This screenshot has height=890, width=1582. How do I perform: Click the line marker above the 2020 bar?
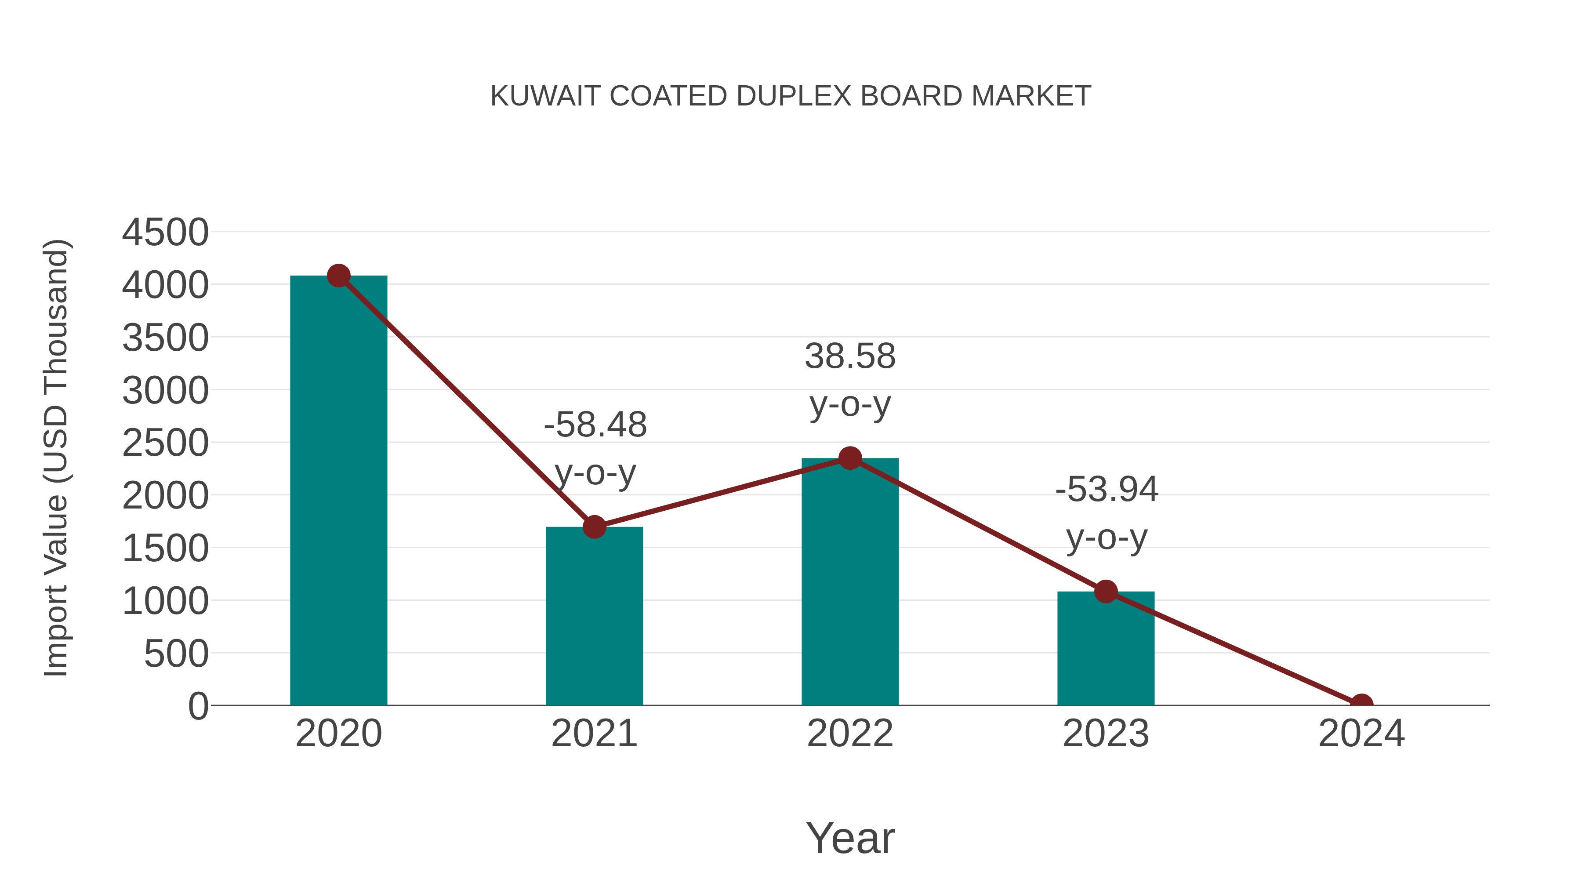[x=338, y=276]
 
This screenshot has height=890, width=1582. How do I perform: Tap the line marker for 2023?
[x=1106, y=592]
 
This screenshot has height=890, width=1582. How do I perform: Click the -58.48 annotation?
[x=595, y=425]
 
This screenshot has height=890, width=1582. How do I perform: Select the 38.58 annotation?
[x=850, y=356]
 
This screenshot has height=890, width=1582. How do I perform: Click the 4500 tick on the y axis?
[x=165, y=233]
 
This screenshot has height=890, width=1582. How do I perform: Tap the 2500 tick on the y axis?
[x=165, y=443]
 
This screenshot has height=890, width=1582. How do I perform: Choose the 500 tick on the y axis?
[x=176, y=654]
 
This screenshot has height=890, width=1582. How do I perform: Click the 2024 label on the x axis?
[x=1361, y=734]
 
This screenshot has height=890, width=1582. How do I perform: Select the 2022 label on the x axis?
[x=850, y=734]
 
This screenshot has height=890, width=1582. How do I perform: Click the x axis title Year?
[x=850, y=838]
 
